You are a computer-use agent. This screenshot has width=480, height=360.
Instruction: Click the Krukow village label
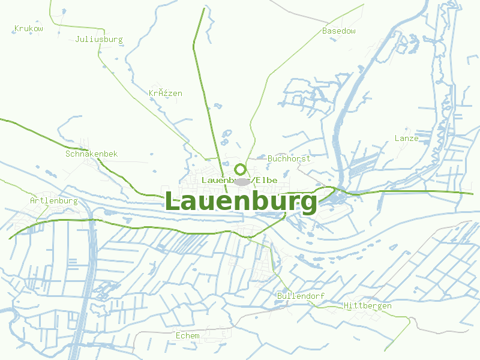29,28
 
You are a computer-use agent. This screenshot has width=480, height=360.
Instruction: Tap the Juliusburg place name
99,40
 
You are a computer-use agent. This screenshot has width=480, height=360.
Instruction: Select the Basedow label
339,31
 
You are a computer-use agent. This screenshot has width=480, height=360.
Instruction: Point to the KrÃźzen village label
166,94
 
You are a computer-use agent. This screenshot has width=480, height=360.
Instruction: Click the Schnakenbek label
92,154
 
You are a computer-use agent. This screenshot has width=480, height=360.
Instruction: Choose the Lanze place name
406,139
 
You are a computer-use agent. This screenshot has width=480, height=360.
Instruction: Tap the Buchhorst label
289,159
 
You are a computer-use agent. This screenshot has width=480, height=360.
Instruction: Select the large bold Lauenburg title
241,201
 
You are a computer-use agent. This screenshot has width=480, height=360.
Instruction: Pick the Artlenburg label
54,201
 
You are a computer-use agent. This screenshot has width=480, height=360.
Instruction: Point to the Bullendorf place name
301,296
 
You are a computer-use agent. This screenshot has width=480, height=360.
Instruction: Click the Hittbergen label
368,306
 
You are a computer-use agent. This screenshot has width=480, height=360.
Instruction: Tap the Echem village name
187,335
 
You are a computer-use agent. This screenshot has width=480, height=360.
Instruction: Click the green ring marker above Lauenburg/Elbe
240,169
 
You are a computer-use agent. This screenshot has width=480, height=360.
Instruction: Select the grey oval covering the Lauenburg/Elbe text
242,181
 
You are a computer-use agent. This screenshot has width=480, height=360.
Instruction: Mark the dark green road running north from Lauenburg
204,90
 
